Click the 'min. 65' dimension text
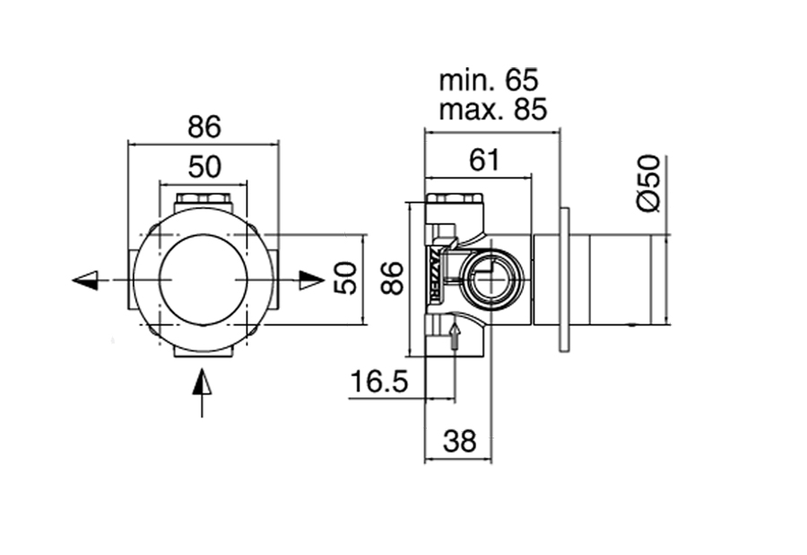point(489,81)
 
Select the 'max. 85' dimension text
point(492,109)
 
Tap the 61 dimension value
point(484,160)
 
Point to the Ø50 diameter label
point(648,183)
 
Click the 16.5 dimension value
point(378,382)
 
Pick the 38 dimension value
point(459,441)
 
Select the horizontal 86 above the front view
point(204,126)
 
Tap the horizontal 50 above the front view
point(204,168)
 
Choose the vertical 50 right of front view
point(345,279)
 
